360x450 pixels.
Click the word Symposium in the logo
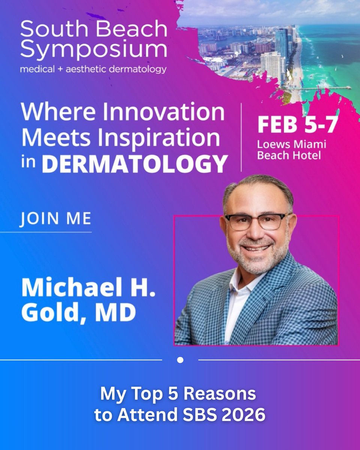click(x=94, y=50)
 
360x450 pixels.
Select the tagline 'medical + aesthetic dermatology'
click(x=93, y=69)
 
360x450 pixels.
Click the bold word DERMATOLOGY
click(x=135, y=163)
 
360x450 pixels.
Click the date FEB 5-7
click(x=297, y=125)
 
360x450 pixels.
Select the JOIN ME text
click(x=55, y=219)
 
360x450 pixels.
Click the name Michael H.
click(x=88, y=288)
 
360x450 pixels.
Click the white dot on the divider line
click(x=180, y=360)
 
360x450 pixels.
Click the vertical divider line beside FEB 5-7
click(x=241, y=137)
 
